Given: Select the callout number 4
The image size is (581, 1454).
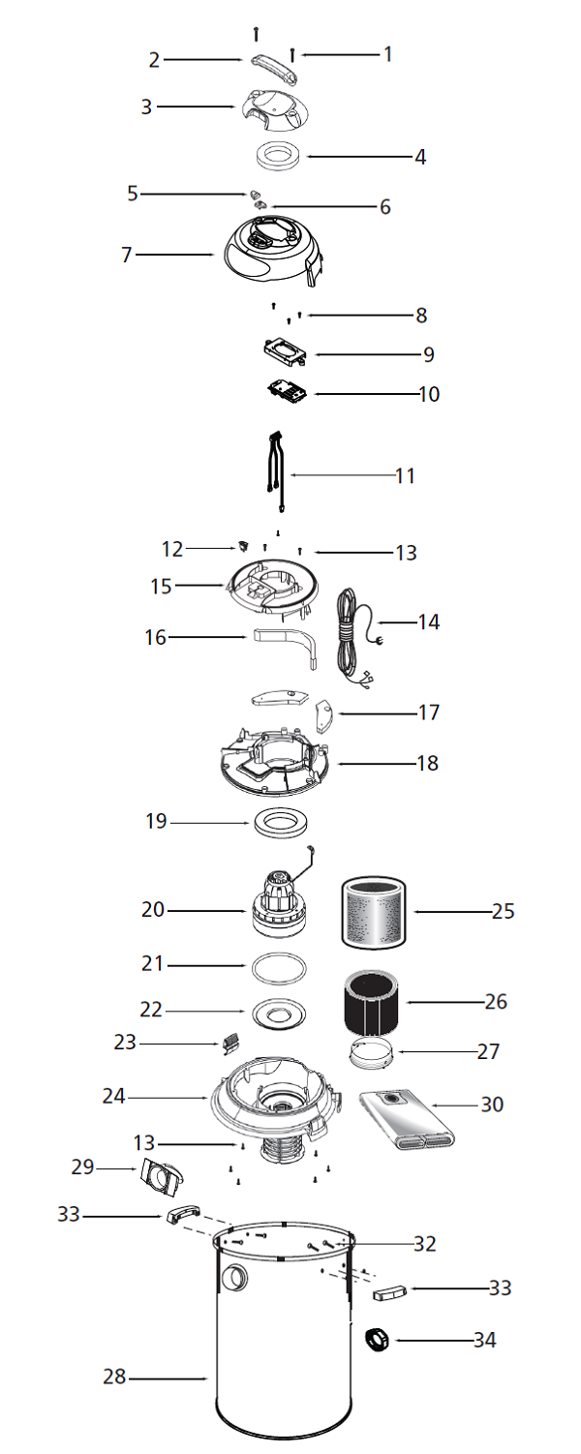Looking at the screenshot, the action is (x=420, y=157).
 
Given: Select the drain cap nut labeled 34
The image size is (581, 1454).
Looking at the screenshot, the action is (x=376, y=1339).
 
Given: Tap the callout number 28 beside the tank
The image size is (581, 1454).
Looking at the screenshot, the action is (x=114, y=1377).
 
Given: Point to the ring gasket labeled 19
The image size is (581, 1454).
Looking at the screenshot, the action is (x=281, y=823).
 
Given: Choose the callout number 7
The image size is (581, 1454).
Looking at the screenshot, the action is (x=127, y=255).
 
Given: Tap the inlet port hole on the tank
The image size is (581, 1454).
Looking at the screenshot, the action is (x=234, y=1278).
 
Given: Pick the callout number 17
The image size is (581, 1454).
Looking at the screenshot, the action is (x=428, y=712).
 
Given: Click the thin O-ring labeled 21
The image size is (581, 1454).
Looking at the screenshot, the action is (x=279, y=968).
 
